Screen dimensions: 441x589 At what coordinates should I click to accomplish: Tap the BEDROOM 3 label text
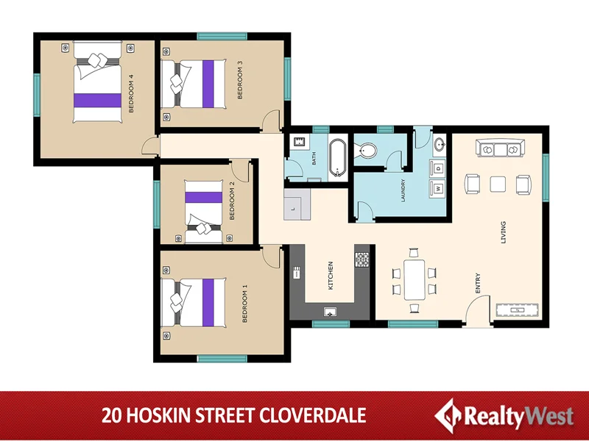240,79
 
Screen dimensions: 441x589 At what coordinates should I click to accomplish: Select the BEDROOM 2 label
233,201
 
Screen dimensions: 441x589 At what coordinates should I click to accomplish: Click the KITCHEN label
331,274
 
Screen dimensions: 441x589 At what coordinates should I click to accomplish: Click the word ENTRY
478,284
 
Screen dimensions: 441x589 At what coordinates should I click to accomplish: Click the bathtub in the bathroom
338,157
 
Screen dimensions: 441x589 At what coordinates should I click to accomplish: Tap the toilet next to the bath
366,151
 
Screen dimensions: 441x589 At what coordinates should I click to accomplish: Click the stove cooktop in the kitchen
361,259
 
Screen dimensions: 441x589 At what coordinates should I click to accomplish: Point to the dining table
414,279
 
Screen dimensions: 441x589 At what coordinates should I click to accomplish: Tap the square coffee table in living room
499,184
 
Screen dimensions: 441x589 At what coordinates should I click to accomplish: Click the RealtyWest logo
505,415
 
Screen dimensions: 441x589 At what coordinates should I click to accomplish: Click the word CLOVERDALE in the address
313,415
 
